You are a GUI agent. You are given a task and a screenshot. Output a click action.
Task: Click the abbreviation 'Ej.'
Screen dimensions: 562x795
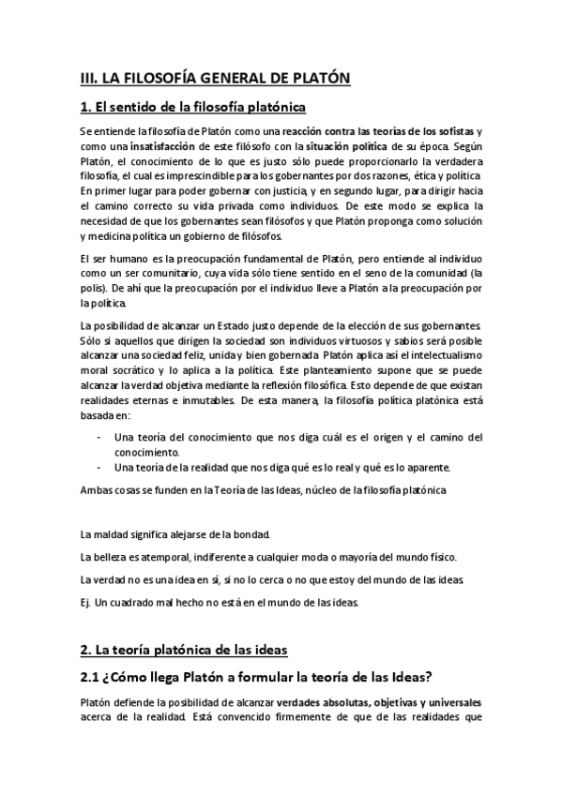[x=86, y=602]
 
